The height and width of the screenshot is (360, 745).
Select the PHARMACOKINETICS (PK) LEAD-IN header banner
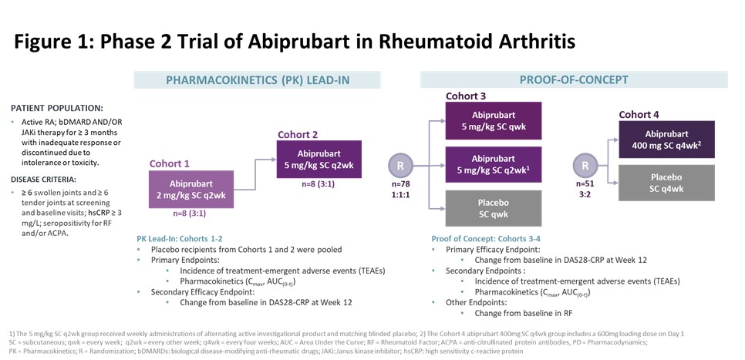click(257, 80)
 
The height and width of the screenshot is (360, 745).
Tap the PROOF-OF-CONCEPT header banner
click(574, 80)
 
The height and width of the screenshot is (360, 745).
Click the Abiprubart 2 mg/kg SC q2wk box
click(191, 189)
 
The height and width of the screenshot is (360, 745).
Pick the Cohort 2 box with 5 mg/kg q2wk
click(319, 159)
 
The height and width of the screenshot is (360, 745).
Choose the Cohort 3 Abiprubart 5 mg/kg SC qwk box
click(493, 120)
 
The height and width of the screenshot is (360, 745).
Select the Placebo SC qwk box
click(493, 208)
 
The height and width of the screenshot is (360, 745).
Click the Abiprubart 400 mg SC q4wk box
click(666, 140)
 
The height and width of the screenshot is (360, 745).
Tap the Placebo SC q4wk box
click(666, 183)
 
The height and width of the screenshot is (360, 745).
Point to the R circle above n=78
click(400, 167)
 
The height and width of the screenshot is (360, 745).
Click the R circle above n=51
click(585, 167)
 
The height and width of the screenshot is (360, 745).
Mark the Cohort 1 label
click(169, 164)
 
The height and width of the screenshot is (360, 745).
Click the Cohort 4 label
click(639, 114)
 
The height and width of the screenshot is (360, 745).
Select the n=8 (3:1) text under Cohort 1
click(190, 214)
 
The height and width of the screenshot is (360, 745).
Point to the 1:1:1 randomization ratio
click(400, 193)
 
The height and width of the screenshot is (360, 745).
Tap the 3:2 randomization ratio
click(585, 193)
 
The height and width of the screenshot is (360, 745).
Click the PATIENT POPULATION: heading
click(56, 108)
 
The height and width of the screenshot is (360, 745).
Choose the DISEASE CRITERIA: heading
click(44, 180)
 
